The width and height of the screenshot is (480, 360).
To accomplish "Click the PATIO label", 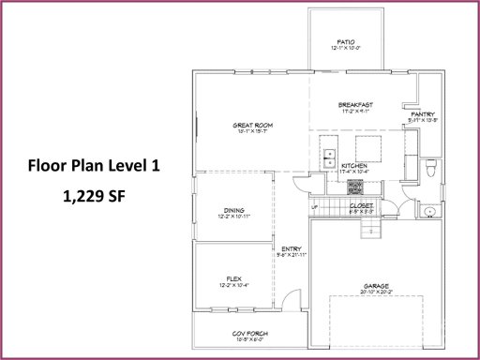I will tap(346, 42).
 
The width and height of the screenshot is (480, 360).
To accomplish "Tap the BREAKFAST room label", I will tap(356, 104).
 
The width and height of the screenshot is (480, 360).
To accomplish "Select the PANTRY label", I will tap(423, 114).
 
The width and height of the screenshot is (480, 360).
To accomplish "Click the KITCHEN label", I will tap(352, 166).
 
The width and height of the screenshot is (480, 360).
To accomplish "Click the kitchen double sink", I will tap(329, 159).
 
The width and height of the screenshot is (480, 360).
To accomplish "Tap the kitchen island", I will tap(367, 148).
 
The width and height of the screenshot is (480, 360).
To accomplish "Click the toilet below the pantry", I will tap(429, 170).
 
